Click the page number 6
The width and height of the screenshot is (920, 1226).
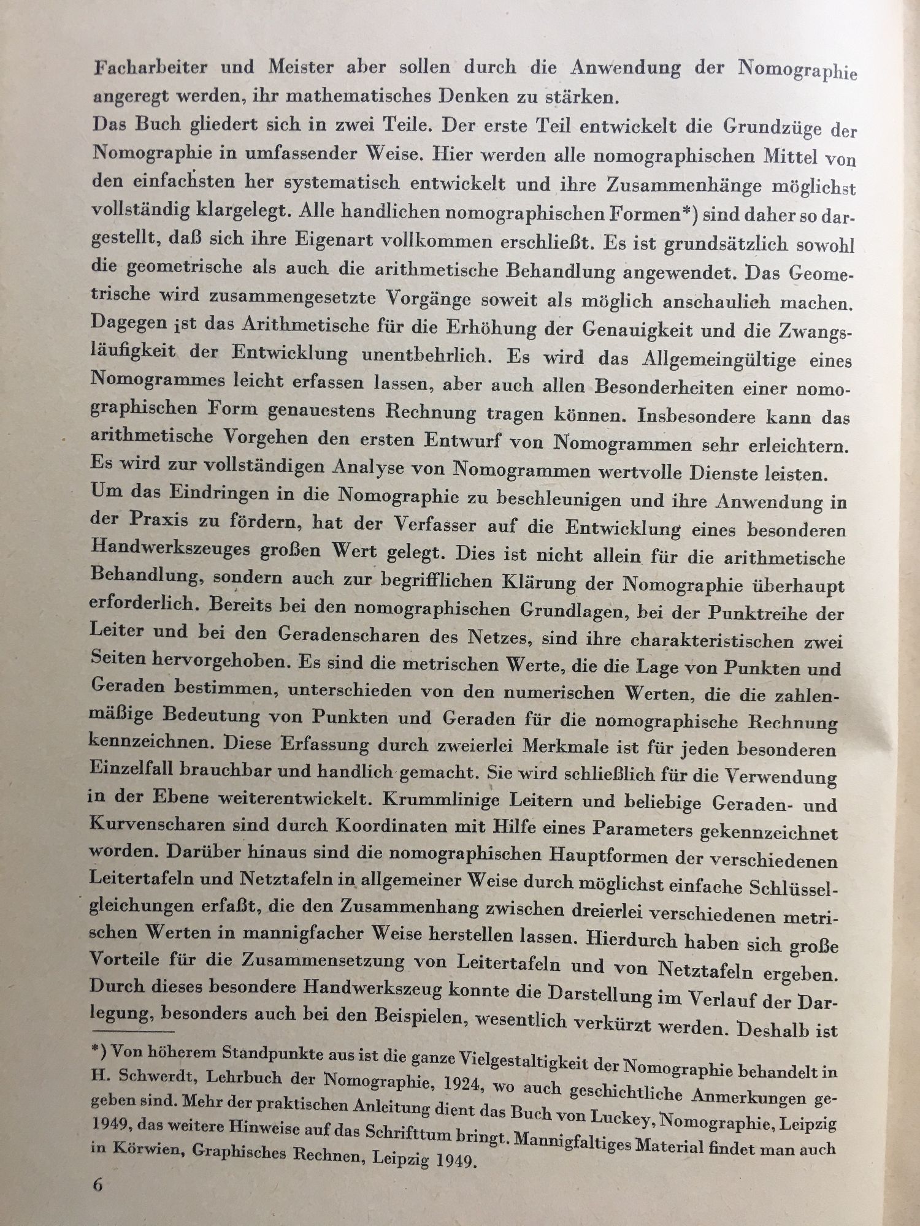(98, 1201)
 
